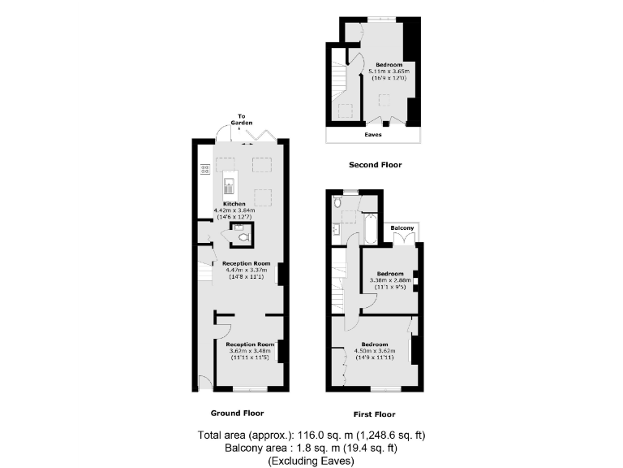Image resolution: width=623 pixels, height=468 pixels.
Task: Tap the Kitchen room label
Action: point(235,203)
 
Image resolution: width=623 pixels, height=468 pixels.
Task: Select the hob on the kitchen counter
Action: point(204,170)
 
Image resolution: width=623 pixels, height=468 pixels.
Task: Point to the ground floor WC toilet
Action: point(243,237)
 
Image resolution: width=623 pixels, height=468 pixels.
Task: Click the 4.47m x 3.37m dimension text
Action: point(247,271)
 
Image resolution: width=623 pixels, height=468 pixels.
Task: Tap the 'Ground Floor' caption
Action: point(237,413)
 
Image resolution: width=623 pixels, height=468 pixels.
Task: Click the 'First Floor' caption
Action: point(374,414)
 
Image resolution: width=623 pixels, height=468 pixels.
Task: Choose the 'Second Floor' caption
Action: point(375,165)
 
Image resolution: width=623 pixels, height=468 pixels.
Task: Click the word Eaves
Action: point(373,135)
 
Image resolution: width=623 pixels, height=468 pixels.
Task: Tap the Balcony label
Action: point(403,228)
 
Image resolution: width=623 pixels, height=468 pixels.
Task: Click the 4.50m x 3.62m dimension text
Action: point(374,351)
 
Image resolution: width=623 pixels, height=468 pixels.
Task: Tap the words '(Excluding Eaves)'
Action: point(311,461)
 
